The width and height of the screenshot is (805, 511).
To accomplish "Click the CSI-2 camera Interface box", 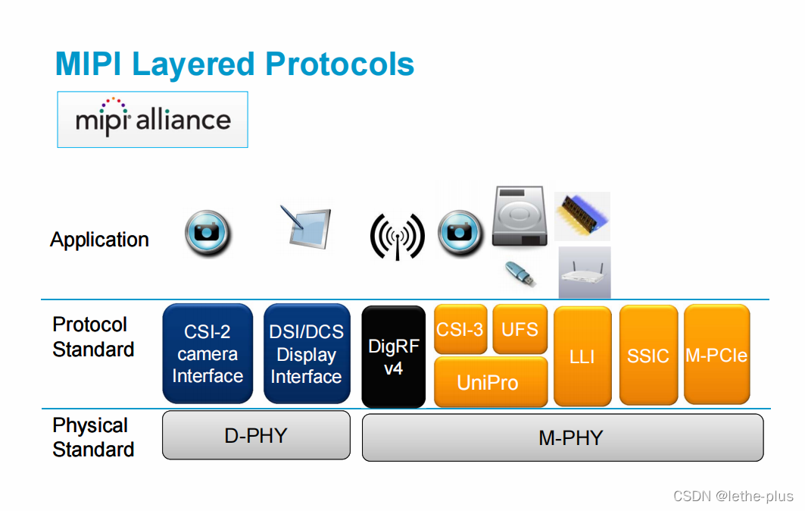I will [207, 353].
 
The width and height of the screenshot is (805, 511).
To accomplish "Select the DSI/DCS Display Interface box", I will [307, 353].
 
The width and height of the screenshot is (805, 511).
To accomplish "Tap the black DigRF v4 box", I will [393, 356].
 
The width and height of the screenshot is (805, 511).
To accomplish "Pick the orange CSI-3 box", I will [460, 329].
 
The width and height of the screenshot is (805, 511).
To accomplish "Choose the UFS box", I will [520, 329].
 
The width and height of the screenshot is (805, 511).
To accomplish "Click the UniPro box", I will [490, 381].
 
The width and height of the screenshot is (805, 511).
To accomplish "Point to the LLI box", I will [582, 356].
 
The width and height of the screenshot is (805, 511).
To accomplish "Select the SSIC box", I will [648, 356].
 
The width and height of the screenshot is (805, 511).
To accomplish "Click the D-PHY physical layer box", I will [256, 435].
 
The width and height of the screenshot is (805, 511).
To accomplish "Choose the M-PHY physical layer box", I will [563, 437].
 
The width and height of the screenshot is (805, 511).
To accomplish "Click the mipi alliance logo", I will [153, 119].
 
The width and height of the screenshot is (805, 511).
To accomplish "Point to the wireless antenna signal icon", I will [397, 236].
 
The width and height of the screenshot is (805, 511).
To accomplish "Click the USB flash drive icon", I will [520, 273].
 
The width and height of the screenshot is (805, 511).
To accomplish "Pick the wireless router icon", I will [584, 274].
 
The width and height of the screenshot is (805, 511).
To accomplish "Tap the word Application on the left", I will [99, 240].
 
